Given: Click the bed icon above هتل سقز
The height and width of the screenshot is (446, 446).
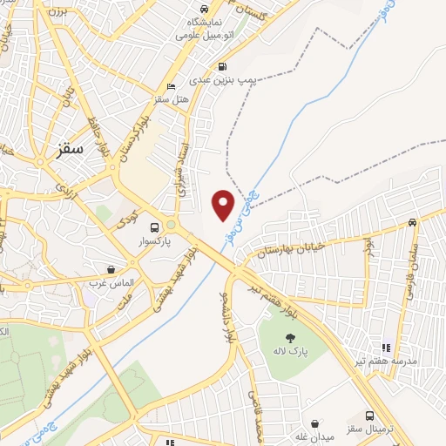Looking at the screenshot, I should click(x=171, y=87).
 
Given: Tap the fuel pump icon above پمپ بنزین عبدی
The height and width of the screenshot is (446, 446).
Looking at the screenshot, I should click(x=222, y=66).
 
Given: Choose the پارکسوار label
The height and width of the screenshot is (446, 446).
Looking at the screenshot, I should click(x=155, y=239).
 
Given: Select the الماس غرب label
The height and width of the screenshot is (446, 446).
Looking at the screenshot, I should click(x=110, y=284).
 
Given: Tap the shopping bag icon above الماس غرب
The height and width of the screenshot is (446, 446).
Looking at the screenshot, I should click(x=110, y=270).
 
